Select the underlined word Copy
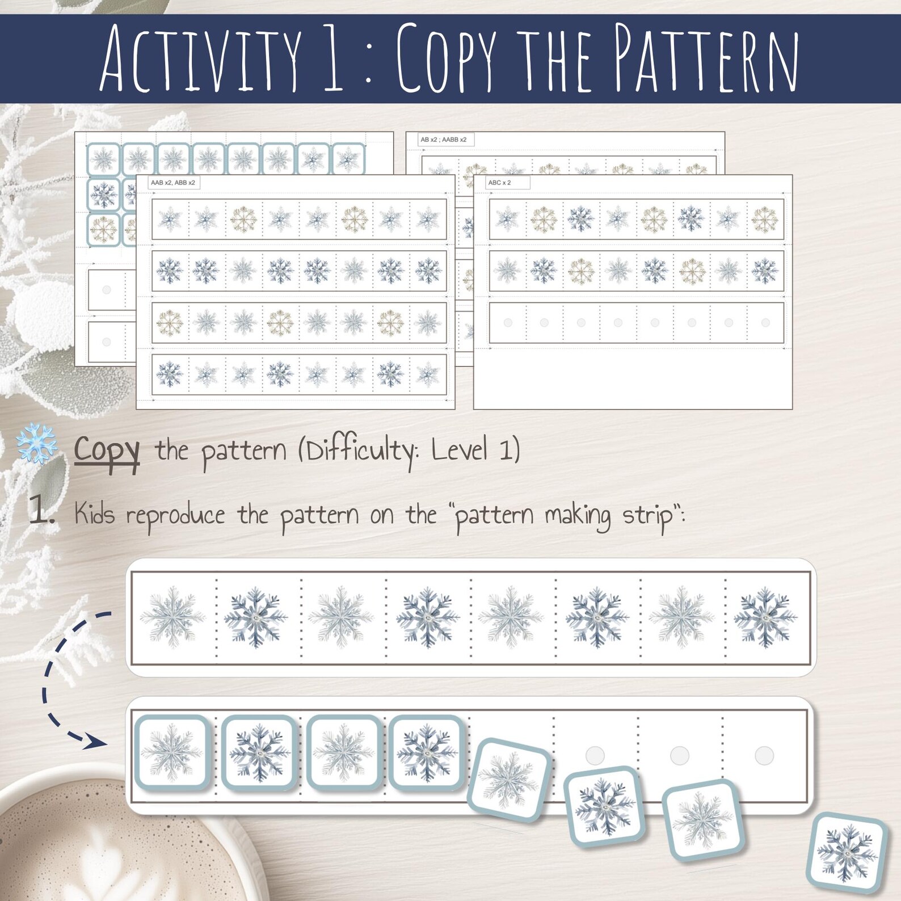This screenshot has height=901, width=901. coord(107,451)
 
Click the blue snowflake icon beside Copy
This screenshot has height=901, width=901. coord(36,443)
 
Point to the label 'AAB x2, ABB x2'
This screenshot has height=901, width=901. coord(173,183)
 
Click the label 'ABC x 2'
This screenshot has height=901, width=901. coord(500,183)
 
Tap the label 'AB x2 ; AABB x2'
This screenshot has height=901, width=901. coord(444,140)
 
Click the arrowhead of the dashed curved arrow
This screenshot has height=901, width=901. coord(94,741)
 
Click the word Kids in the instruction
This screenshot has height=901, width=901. coord(94,515)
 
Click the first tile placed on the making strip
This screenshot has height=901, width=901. coord(172,752)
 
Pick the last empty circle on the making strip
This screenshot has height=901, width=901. coord(764,755)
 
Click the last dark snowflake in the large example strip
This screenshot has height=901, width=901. coord(765,617)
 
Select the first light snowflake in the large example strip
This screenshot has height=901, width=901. coord(172,617)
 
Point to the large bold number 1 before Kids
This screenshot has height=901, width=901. coord(41,510)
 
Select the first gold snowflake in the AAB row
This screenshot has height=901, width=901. coord(243,219)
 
